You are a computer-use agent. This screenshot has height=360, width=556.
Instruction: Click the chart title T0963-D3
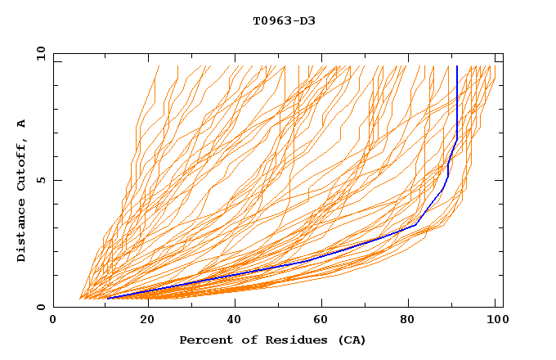tap(284, 20)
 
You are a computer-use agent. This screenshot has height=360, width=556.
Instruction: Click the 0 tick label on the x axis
tap(53, 321)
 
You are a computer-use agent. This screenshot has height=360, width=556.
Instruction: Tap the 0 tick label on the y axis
tap(40, 307)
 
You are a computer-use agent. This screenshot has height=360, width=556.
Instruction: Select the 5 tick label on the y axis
tap(40, 180)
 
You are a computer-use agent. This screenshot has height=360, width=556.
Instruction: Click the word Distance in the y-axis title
tap(22, 234)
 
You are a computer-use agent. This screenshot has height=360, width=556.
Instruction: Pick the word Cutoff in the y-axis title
tap(22, 166)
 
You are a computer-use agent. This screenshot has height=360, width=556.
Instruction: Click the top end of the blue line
tap(457, 66)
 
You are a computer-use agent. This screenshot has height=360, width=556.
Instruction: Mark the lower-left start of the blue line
tap(106, 298)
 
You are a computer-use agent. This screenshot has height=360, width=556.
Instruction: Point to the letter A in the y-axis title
tap(22, 124)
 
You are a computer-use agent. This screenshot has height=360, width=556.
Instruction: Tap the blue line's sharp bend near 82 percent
tap(417, 224)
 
